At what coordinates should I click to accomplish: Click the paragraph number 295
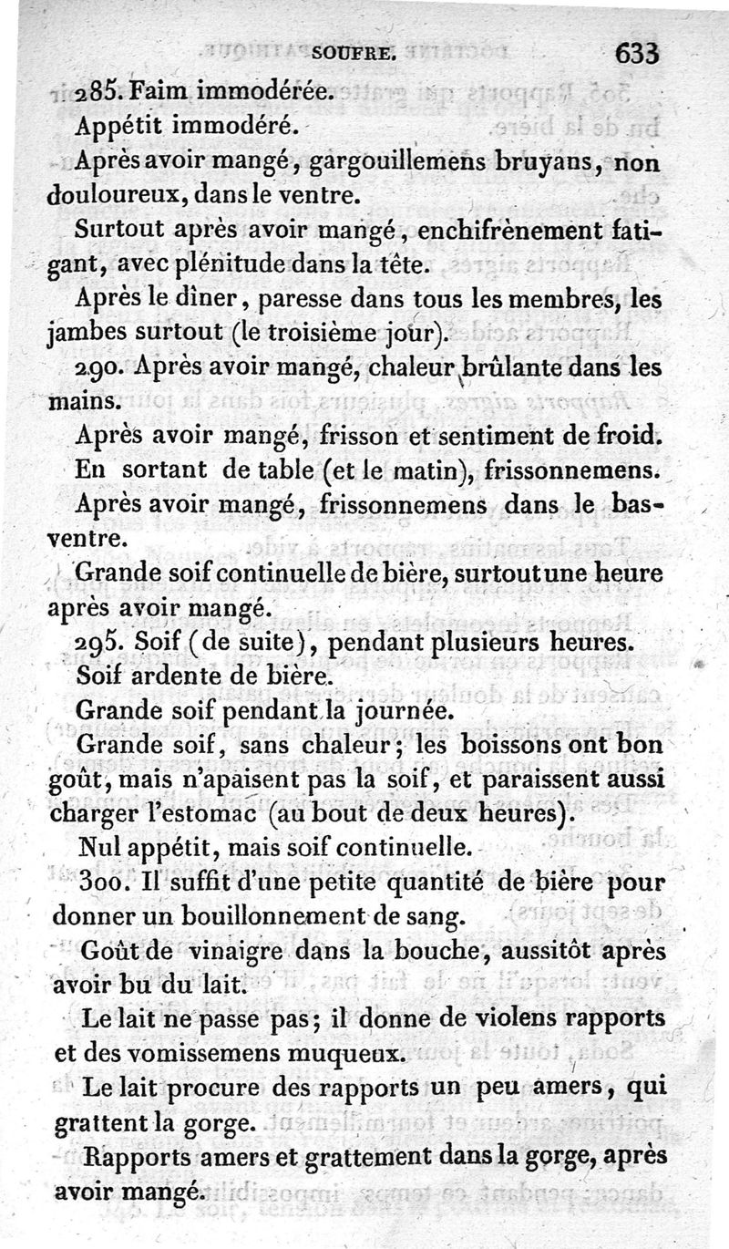[96, 644]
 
